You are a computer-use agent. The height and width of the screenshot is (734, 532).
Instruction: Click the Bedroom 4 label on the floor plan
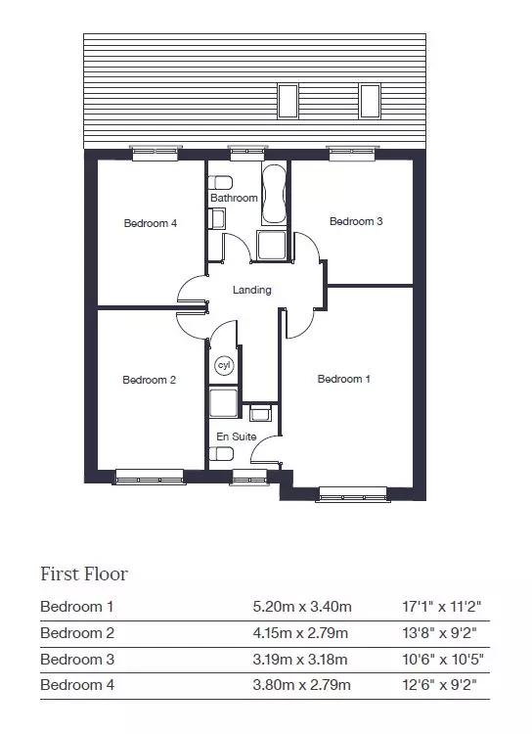point(151,223)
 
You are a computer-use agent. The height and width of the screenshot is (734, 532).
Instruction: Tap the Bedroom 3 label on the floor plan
point(356,221)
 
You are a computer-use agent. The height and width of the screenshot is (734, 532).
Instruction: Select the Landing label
point(251,290)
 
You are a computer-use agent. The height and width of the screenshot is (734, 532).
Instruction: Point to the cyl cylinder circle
point(225,365)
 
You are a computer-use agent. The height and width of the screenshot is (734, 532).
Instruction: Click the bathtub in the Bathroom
point(274,195)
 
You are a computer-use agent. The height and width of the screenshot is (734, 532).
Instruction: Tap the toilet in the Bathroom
point(220,181)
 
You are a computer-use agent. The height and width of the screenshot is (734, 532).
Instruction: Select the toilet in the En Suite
point(221,453)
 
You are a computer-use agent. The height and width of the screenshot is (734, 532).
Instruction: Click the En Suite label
point(237,436)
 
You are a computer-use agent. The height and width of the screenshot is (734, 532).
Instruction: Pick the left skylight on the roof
point(288,101)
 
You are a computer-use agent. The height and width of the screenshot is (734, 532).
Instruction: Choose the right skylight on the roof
point(370,101)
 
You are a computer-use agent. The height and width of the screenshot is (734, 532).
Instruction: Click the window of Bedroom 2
point(150,477)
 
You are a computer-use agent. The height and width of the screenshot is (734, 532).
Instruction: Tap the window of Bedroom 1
point(353,495)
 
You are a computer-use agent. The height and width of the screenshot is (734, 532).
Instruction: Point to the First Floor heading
point(84,573)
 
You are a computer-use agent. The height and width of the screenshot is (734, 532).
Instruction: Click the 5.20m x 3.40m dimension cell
point(302,607)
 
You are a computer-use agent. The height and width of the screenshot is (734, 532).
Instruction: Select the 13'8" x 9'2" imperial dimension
point(439,633)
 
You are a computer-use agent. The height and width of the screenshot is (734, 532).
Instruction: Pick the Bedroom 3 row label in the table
point(77,659)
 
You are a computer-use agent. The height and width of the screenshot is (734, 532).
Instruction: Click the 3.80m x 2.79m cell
point(301,685)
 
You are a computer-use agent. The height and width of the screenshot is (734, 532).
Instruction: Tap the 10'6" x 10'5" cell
point(443,659)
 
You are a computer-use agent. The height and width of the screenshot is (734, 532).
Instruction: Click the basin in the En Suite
point(260,413)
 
